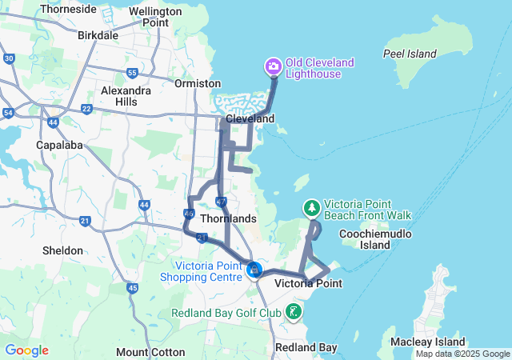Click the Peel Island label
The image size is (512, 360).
click(410, 54)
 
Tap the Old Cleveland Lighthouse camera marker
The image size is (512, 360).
click(273, 66)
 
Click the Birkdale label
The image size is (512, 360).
click(98, 35)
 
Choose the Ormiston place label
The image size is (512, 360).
click(198, 83)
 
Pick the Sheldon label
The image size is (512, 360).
click(62, 250)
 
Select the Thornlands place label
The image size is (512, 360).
click(229, 218)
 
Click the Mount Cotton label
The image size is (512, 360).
click(149, 352)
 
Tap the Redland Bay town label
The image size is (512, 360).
click(306, 347)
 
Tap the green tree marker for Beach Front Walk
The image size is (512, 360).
click(311, 208)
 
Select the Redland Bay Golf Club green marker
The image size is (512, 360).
click(294, 311)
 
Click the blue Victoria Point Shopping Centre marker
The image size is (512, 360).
click(254, 270)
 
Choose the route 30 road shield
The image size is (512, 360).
click(9, 58)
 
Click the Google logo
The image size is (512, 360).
click(26, 350)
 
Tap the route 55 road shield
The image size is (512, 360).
click(132, 73)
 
